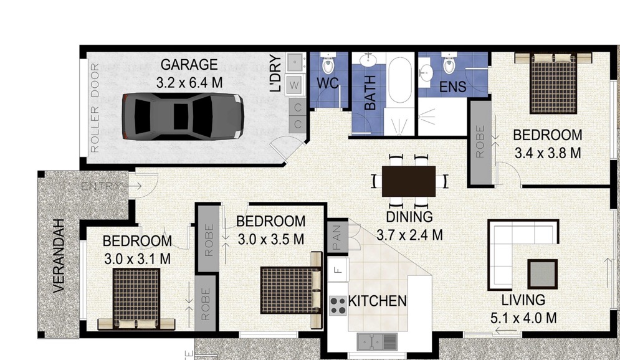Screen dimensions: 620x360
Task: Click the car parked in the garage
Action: (x=183, y=116)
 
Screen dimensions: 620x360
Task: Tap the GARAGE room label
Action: (x=189, y=64)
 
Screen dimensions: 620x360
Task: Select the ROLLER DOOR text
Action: (x=95, y=108)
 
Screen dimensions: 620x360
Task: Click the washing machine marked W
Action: (x=294, y=85)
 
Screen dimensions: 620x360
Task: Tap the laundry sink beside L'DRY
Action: (x=295, y=62)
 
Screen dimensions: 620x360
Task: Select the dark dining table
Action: (x=409, y=181)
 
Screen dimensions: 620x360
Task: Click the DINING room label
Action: (x=409, y=217)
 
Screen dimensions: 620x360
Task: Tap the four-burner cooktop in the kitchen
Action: (x=338, y=305)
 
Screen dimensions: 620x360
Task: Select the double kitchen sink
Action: (x=377, y=341)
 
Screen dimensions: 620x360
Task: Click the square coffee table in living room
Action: (x=543, y=274)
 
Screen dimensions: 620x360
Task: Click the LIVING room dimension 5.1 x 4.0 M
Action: (x=523, y=318)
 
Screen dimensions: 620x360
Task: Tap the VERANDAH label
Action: (x=59, y=256)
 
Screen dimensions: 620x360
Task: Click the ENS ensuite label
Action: (x=452, y=87)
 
